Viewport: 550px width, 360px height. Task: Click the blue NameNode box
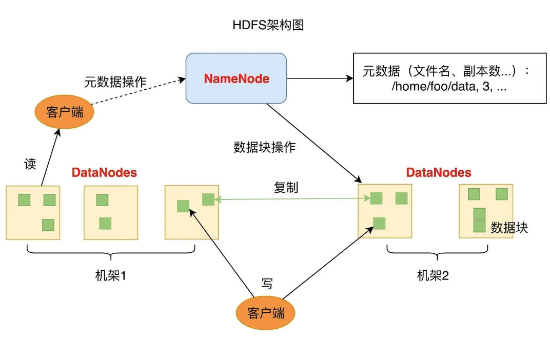pos(236,79)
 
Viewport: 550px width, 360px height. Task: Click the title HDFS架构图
pos(268,25)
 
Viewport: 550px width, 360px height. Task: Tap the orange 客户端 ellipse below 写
pos(266,313)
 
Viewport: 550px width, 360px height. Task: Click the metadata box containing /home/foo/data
pos(449,78)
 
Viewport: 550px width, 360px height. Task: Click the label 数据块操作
pos(264,147)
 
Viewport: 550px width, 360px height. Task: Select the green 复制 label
pos(286,187)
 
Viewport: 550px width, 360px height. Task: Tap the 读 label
pos(30,164)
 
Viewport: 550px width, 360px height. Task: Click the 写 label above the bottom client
pos(267,284)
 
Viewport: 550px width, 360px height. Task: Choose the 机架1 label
pos(111,275)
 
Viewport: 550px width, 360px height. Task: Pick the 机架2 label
pos(433,275)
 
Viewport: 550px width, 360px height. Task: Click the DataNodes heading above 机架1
pos(104,172)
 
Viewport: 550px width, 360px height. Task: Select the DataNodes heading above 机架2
pos(438,172)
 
